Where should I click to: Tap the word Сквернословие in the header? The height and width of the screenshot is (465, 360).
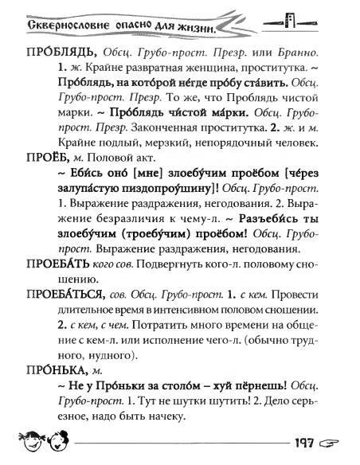[x=54, y=27]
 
